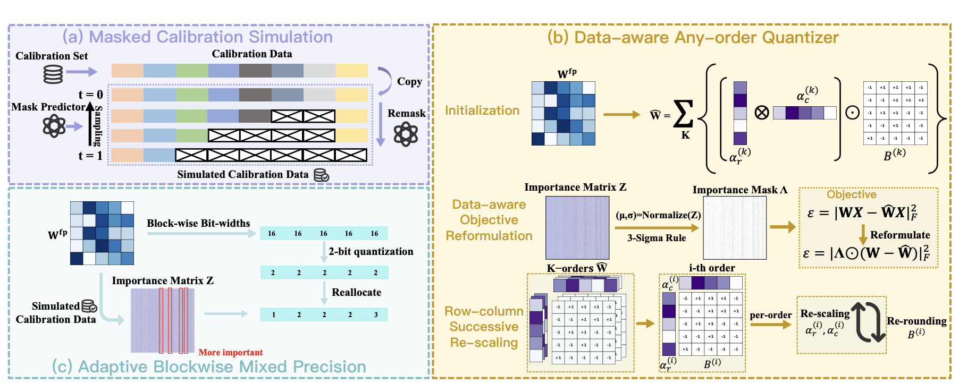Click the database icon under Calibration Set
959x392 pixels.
[x=53, y=74]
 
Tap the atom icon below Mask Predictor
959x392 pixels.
[x=54, y=126]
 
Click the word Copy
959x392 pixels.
[x=409, y=81]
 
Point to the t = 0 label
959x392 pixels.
[x=90, y=95]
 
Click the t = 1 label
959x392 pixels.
[x=90, y=156]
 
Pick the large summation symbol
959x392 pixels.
[x=683, y=114]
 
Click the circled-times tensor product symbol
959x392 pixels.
[x=762, y=113]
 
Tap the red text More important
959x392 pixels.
[x=230, y=352]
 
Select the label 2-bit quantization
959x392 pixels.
[x=371, y=251]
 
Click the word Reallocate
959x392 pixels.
[x=356, y=292]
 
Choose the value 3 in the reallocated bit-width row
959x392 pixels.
[x=376, y=314]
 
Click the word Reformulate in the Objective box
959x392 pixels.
[x=899, y=235]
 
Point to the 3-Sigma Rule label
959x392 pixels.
[x=657, y=238]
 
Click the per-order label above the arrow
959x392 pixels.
[x=770, y=315]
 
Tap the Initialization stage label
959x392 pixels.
[x=482, y=110]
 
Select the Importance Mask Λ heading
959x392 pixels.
[x=739, y=190]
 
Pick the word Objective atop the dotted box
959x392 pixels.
[x=851, y=194]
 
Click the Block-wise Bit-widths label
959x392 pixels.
[x=198, y=223]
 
